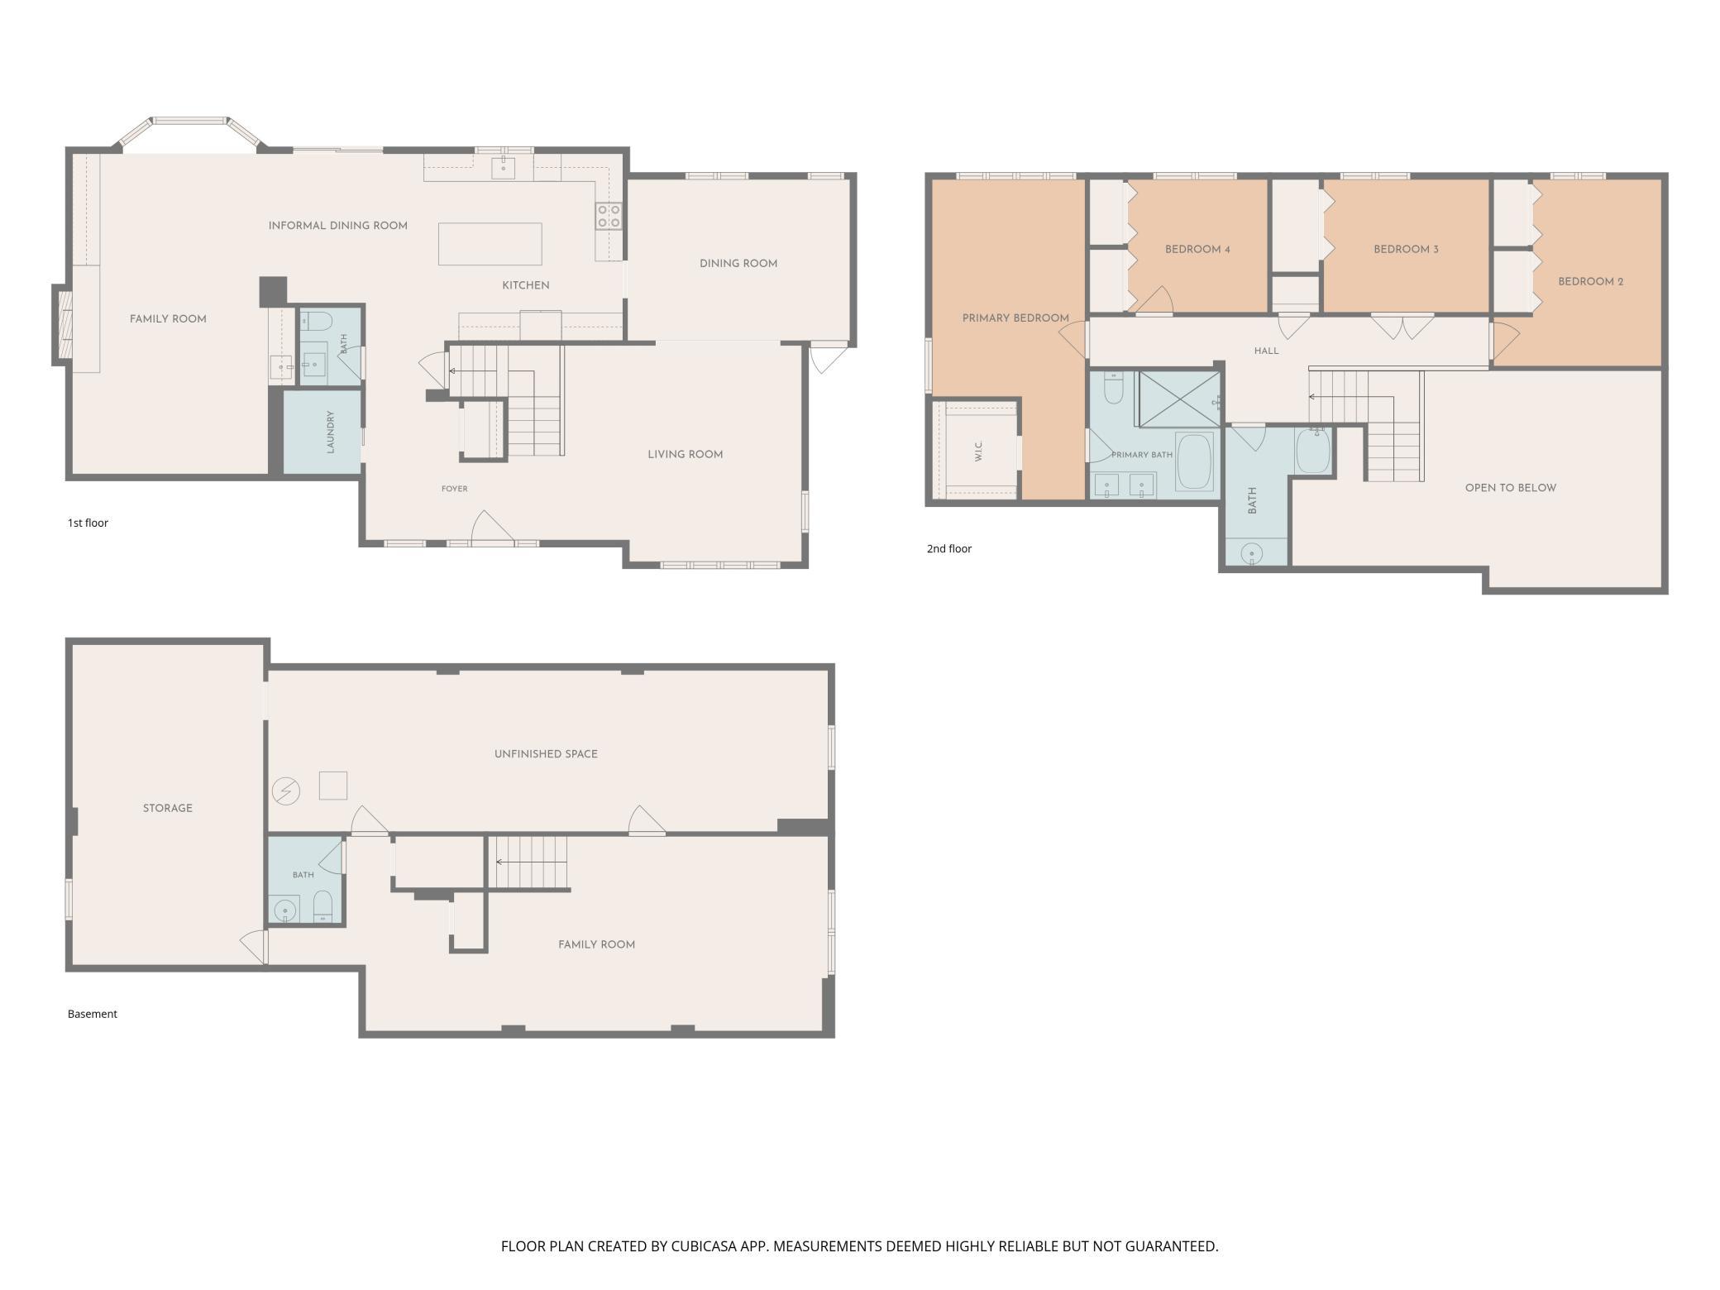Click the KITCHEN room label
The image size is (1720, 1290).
pyautogui.click(x=526, y=285)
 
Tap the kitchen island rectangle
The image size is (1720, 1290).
pyautogui.click(x=490, y=244)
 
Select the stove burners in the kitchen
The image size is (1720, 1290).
pyautogui.click(x=609, y=217)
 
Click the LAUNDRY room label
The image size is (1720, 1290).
pyautogui.click(x=330, y=432)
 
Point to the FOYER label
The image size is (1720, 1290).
pyautogui.click(x=454, y=489)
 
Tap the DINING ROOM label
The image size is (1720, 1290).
pyautogui.click(x=738, y=264)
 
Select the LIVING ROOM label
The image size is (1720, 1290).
pyautogui.click(x=685, y=454)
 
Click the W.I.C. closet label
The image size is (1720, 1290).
pyautogui.click(x=979, y=451)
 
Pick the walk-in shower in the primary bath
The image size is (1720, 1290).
pyautogui.click(x=1179, y=399)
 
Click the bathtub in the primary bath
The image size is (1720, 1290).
pyautogui.click(x=1194, y=461)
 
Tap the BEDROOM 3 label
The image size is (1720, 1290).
pyautogui.click(x=1406, y=249)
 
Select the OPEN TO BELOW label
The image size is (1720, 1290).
pyautogui.click(x=1510, y=488)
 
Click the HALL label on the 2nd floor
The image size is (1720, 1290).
pyautogui.click(x=1266, y=351)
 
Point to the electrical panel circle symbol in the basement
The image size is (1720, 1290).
pyautogui.click(x=286, y=791)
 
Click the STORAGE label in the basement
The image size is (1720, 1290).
pyautogui.click(x=167, y=808)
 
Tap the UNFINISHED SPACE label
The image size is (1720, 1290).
pyautogui.click(x=546, y=754)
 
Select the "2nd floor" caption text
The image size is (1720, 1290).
pyautogui.click(x=948, y=548)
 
